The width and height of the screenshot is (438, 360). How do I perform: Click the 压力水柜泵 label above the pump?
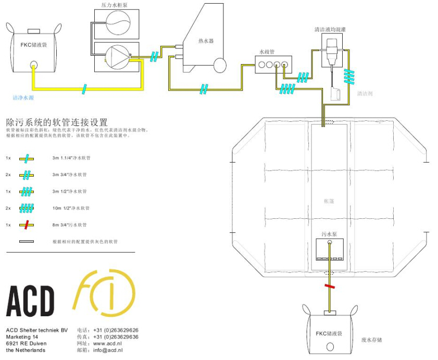pos(115,5)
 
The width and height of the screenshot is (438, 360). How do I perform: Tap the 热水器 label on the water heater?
pos(206,41)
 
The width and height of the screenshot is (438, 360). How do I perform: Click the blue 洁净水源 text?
pos(23,97)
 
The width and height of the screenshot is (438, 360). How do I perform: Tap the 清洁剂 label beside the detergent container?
pos(365,94)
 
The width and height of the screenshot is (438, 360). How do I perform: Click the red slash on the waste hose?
pos(329,286)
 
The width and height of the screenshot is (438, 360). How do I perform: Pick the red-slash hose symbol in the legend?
pos(27,225)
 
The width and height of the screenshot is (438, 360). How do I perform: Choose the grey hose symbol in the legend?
pos(27,242)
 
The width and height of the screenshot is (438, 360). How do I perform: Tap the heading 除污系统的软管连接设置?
pos(57,122)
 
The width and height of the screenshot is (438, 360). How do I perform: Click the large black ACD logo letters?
pos(30,301)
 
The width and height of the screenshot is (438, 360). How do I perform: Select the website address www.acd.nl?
pos(107,344)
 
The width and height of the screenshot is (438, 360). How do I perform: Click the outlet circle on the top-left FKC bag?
pos(34,66)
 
